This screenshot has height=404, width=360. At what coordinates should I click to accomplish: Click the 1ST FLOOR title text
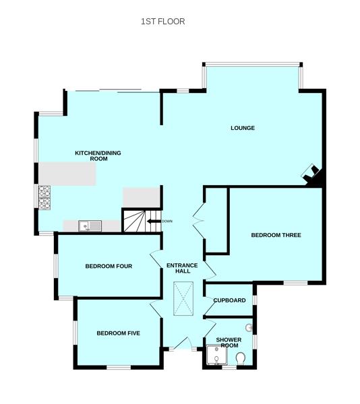pyautogui.click(x=162, y=22)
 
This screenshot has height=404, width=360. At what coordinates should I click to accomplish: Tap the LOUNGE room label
pyautogui.click(x=242, y=128)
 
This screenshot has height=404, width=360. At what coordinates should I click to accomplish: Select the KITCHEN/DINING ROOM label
pyautogui.click(x=98, y=156)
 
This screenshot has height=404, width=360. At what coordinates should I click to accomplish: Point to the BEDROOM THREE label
pyautogui.click(x=276, y=235)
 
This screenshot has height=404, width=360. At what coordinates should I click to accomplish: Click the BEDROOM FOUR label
pyautogui.click(x=108, y=266)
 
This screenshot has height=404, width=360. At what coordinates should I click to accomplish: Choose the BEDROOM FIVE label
pyautogui.click(x=118, y=333)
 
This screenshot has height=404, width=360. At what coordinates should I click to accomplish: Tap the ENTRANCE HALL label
pyautogui.click(x=182, y=268)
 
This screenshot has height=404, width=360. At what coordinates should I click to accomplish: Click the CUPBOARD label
pyautogui.click(x=229, y=300)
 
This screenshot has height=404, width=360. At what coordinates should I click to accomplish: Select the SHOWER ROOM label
pyautogui.click(x=229, y=342)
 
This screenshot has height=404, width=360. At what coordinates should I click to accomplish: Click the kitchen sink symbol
pyautogui.click(x=89, y=226)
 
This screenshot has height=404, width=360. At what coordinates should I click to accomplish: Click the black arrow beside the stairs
pyautogui.click(x=154, y=221)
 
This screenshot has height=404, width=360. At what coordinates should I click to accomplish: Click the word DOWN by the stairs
pyautogui.click(x=167, y=221)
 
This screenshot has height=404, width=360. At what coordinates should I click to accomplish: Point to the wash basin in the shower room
pyautogui.click(x=250, y=328)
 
